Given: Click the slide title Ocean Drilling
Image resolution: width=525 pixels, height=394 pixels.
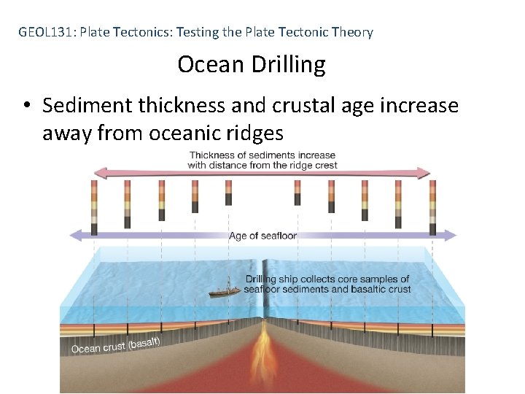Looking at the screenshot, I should (x=252, y=65).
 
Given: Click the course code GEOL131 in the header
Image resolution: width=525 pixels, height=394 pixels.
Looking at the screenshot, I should (x=46, y=32).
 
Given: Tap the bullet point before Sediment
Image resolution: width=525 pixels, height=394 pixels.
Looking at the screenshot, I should (x=26, y=107).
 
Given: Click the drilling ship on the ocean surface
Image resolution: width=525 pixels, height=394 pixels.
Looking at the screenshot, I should (x=221, y=290).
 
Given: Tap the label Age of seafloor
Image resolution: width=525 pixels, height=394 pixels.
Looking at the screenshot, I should (x=262, y=236).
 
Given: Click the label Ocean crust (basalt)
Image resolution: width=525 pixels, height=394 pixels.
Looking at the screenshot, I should (x=115, y=344).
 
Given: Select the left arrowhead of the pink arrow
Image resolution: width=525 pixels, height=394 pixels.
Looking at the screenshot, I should (x=99, y=173).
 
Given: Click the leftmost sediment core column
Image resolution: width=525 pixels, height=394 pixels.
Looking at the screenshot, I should (x=94, y=207).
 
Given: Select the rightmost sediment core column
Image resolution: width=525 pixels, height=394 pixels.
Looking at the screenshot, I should (x=432, y=207).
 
